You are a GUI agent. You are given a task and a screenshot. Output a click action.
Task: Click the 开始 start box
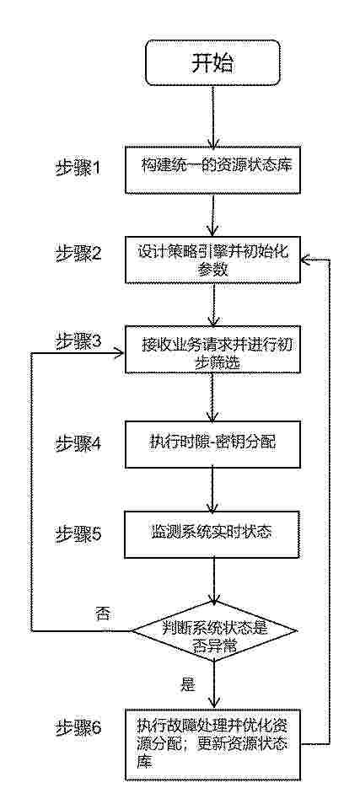pyautogui.click(x=212, y=62)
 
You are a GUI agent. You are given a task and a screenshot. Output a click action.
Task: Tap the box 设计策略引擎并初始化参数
pyautogui.click(x=212, y=260)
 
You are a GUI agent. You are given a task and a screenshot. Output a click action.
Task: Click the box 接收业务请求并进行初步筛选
pyautogui.click(x=212, y=349)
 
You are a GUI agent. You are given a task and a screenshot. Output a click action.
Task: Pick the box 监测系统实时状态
pyautogui.click(x=212, y=533)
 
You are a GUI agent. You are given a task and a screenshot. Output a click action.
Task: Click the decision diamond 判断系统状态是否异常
pyautogui.click(x=212, y=630)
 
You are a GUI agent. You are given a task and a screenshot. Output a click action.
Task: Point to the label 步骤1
pyautogui.click(x=78, y=169)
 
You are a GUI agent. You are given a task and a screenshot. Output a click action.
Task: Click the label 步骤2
pyautogui.click(x=78, y=255)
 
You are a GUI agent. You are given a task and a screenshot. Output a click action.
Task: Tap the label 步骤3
pyautogui.click(x=78, y=342)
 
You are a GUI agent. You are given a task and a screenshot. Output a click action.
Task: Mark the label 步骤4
pyautogui.click(x=78, y=443)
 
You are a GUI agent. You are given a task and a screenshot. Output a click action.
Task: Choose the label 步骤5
pyautogui.click(x=78, y=533)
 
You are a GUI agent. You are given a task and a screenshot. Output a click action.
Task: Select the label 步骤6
pyautogui.click(x=78, y=727)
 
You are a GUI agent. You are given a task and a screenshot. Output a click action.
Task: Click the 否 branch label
pyautogui.click(x=102, y=614)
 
